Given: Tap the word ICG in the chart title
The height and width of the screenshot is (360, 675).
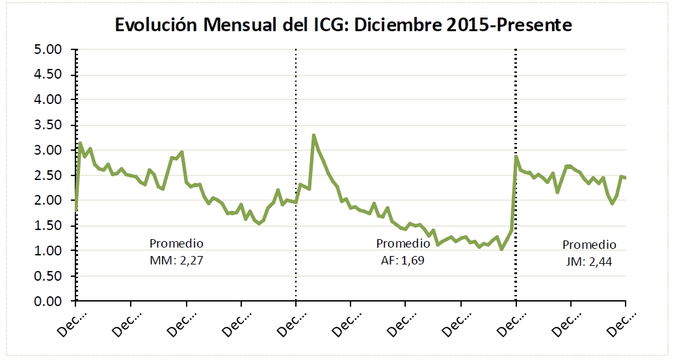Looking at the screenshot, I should click(331, 25).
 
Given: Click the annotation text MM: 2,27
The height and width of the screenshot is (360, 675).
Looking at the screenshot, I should click(176, 259).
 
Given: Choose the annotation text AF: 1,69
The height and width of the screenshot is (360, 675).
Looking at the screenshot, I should click(403, 259).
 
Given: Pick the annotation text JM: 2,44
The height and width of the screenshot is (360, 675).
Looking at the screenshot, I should click(589, 261).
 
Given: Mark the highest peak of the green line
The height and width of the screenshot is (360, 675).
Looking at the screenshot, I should click(313, 135).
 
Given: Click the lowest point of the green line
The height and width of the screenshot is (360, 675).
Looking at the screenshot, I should click(501, 249).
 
